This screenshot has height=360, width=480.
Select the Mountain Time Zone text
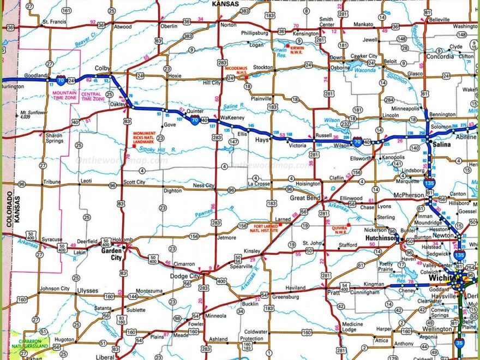click(64, 96)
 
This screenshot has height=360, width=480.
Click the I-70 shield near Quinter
click(194, 124)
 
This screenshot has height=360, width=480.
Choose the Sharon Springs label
click(54, 137)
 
